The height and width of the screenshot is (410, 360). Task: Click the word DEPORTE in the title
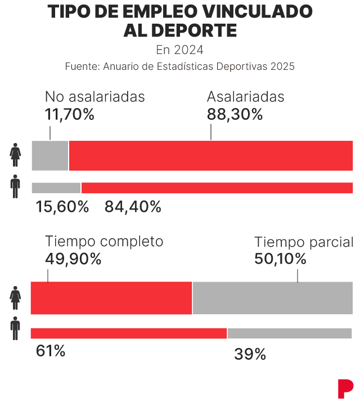[193, 30]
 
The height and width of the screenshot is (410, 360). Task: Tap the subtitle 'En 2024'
[180, 50]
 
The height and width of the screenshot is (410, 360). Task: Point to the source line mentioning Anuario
[180, 66]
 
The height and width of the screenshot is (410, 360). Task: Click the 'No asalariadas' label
[95, 96]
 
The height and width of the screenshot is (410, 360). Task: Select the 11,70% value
[70, 114]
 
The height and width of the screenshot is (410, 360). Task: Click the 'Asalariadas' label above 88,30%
[246, 96]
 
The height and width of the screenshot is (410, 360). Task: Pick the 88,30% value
[235, 114]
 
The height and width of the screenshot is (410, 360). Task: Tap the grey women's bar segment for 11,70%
[50, 155]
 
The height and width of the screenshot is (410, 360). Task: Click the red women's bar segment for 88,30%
[211, 155]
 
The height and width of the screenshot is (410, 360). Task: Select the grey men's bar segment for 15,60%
[56, 188]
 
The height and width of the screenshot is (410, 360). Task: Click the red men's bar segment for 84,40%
[217, 188]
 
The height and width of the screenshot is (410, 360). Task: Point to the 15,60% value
[62, 207]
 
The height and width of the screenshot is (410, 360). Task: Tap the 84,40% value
[133, 207]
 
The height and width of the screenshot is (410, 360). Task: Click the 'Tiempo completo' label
[104, 242]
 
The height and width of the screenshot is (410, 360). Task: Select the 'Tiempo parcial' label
[304, 242]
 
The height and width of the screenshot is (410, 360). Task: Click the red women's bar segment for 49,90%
[111, 298]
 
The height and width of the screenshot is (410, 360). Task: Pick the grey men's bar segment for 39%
[290, 333]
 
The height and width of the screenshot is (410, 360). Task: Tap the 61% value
[51, 351]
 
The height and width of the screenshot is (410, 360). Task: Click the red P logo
[345, 389]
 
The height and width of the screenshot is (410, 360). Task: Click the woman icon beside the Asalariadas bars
[15, 155]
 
